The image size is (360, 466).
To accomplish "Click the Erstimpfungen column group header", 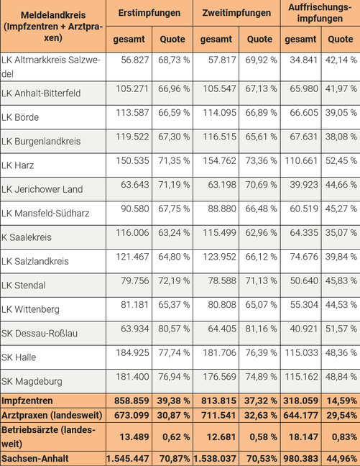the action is (x=149, y=13).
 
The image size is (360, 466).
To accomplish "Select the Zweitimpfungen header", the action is (x=236, y=13).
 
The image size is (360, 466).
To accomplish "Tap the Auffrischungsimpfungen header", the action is (x=320, y=13).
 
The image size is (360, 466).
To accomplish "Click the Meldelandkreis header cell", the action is (x=53, y=27).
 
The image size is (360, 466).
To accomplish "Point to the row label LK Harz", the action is (x=17, y=165).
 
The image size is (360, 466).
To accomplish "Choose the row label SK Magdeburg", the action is (x=32, y=381).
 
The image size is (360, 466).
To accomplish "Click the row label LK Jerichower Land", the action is (x=42, y=189).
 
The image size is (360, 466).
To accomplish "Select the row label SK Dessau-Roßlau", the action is (x=40, y=333).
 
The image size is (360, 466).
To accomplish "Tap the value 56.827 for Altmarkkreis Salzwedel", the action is (x=135, y=60).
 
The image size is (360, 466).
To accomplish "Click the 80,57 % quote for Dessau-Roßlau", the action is (x=174, y=329).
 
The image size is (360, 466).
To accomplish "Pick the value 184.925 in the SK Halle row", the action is (x=132, y=353).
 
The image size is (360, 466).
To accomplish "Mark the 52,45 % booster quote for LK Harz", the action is (x=341, y=161).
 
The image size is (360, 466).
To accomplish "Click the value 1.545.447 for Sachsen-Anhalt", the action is (x=128, y=459).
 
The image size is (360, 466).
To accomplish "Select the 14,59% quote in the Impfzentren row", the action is (x=342, y=401).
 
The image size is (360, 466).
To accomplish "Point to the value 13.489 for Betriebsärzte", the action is (x=134, y=437).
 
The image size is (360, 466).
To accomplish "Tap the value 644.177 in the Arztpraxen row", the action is (x=300, y=415).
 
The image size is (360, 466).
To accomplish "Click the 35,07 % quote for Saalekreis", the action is (x=341, y=233).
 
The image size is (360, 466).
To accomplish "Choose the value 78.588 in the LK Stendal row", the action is (x=222, y=281).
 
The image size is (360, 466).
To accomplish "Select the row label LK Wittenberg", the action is (x=30, y=309).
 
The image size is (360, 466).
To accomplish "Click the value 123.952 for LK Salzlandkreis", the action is (x=219, y=257).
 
